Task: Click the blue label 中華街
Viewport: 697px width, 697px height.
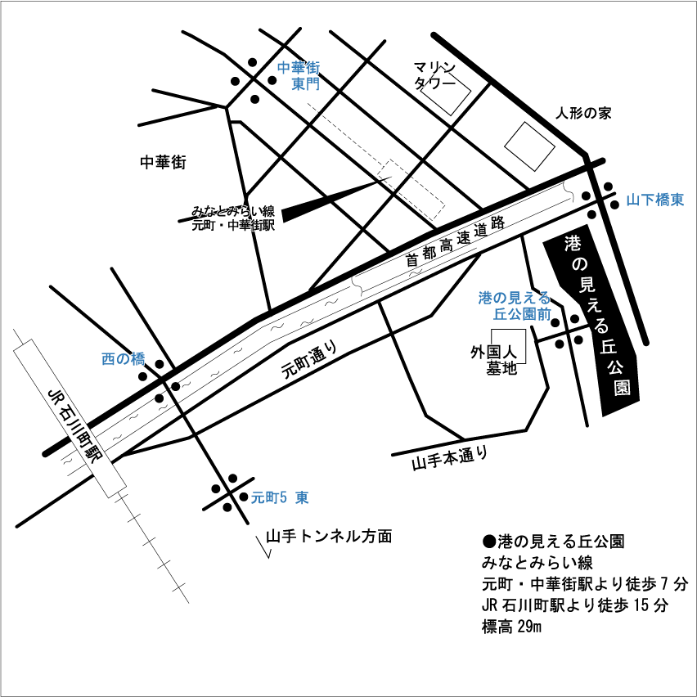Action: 298,68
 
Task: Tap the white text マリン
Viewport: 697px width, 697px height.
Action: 434,68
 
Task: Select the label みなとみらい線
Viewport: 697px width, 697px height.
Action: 233,211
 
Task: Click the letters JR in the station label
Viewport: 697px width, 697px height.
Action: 56,398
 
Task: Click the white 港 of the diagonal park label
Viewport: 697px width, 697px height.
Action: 573,243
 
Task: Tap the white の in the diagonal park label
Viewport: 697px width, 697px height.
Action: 579,263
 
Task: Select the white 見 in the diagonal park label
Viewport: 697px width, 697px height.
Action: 587,285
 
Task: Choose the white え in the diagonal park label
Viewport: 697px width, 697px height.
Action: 594,305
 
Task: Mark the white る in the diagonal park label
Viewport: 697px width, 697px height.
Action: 601,326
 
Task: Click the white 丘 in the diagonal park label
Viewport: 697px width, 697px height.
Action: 608,346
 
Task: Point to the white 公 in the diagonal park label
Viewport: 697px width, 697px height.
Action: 615,366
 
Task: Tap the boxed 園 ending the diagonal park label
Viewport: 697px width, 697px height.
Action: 623,387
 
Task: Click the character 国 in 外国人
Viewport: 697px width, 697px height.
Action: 494,352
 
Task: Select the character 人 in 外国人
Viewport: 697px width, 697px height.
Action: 510,352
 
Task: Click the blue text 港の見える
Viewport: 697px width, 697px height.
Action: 515,298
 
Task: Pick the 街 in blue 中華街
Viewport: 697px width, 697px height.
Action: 313,68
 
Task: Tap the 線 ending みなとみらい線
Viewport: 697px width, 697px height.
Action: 268,211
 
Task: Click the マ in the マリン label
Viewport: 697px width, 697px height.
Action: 420,68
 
